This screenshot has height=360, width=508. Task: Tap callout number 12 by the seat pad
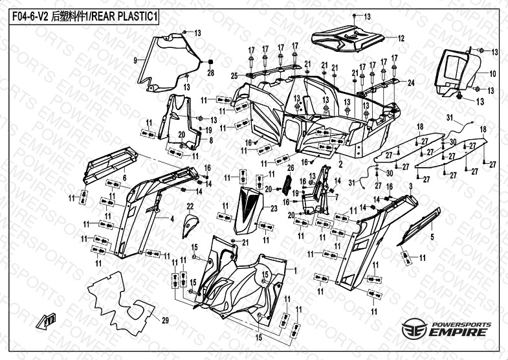click(x=401, y=38)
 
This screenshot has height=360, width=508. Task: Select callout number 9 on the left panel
click(x=135, y=60)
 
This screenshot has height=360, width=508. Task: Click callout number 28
click(x=210, y=73)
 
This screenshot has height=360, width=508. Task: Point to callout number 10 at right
click(x=492, y=74)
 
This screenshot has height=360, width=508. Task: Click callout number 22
click(x=190, y=206)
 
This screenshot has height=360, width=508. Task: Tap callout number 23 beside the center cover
click(x=274, y=208)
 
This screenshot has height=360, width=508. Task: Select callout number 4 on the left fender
click(x=172, y=219)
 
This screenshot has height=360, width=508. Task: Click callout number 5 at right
click(x=432, y=237)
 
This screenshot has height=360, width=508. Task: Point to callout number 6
click(x=124, y=177)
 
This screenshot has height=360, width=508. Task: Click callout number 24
click(x=410, y=83)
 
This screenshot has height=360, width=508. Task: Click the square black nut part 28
click(x=210, y=62)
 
